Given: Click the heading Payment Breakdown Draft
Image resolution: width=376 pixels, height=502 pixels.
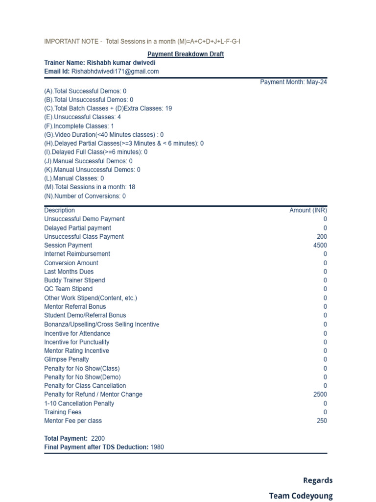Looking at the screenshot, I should [186, 54].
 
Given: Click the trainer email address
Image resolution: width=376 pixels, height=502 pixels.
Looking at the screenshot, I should [115, 72].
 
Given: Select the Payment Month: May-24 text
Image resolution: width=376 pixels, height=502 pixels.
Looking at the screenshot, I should [293, 82].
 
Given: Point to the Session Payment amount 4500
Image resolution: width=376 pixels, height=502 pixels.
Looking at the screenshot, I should [320, 245].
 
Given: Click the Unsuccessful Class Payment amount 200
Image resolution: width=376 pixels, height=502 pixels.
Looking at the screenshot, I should [322, 236].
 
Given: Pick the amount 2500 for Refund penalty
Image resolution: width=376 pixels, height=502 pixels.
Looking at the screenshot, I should [320, 394].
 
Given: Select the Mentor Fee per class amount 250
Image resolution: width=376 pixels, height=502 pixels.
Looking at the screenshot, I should [322, 421].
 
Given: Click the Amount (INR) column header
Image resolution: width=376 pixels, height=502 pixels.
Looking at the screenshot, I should [308, 210].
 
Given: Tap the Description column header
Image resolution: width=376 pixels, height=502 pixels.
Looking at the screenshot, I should [60, 210].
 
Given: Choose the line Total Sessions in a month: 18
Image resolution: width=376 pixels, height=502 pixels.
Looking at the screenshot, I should [90, 187].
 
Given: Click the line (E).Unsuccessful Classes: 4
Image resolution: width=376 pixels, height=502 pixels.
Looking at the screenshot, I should [82, 117].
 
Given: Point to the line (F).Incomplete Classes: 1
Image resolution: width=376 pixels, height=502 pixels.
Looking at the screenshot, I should [79, 126].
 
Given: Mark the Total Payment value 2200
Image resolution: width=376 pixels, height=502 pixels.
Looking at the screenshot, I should [98, 438].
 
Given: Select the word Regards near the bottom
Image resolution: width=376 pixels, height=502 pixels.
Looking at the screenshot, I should [318, 480].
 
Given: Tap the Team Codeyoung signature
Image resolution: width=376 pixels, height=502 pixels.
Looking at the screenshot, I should [301, 496].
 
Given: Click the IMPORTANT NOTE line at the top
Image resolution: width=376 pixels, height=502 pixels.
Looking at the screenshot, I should [142, 41].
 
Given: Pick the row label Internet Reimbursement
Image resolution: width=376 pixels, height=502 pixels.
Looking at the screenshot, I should [77, 254].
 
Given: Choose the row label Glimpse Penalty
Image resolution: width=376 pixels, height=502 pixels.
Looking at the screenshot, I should [67, 359].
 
